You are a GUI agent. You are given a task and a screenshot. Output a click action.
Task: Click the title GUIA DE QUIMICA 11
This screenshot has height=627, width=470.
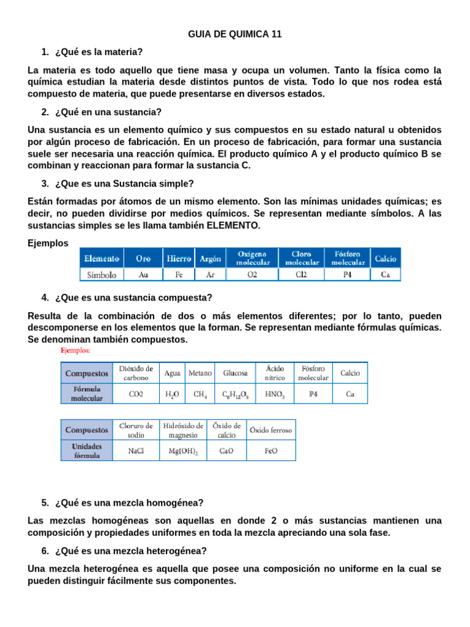click(234, 34)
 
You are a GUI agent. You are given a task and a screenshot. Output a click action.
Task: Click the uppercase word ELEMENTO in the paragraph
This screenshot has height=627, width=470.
click(233, 225)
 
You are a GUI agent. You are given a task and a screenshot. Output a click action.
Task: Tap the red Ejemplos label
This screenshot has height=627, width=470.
click(75, 351)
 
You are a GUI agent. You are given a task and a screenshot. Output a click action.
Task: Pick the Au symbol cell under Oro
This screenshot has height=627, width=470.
click(143, 275)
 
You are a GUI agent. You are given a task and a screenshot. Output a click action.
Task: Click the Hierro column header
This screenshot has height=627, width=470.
click(179, 259)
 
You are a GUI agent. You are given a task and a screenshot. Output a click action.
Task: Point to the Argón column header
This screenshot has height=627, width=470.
click(210, 259)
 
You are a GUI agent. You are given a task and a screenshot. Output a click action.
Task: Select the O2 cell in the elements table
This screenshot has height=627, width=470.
click(252, 275)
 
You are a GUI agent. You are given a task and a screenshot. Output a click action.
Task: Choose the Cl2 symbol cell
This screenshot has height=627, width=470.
click(301, 275)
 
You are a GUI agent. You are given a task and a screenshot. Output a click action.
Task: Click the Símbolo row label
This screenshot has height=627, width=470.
click(102, 275)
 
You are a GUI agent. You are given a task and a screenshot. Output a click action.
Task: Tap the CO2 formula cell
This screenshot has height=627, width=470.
click(136, 394)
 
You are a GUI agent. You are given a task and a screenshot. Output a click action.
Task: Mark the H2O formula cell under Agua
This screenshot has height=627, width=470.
click(172, 394)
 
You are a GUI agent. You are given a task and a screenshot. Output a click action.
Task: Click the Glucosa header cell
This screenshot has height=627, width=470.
click(236, 373)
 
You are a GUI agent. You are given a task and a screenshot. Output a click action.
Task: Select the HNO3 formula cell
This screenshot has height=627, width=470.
click(275, 394)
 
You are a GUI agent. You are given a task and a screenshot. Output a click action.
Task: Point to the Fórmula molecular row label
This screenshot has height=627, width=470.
click(87, 394)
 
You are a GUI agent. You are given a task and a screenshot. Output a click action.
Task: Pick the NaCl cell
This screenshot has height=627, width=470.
click(136, 451)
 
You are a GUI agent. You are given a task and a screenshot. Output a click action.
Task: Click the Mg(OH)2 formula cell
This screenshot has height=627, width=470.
click(183, 451)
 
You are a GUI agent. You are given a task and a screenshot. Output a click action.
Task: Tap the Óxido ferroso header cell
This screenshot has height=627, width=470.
click(270, 430)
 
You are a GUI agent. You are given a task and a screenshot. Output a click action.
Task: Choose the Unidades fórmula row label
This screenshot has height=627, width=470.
click(87, 451)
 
